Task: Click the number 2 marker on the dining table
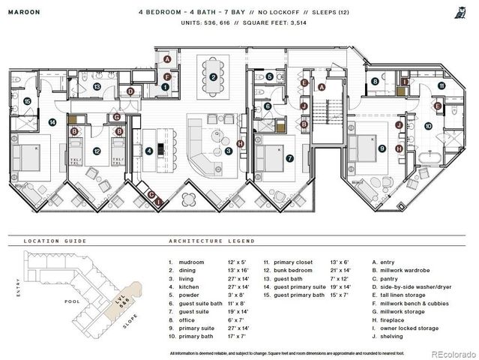click(x=214, y=77)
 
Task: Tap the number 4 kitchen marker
click(x=149, y=151)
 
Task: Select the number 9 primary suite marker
click(x=381, y=148)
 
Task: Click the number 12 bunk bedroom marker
click(x=97, y=151)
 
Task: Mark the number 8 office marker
click(x=375, y=82)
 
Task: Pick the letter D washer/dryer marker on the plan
click(x=130, y=91)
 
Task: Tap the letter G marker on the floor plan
click(x=116, y=116)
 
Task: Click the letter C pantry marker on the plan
click(x=151, y=196)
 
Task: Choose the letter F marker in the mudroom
click(x=168, y=76)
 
